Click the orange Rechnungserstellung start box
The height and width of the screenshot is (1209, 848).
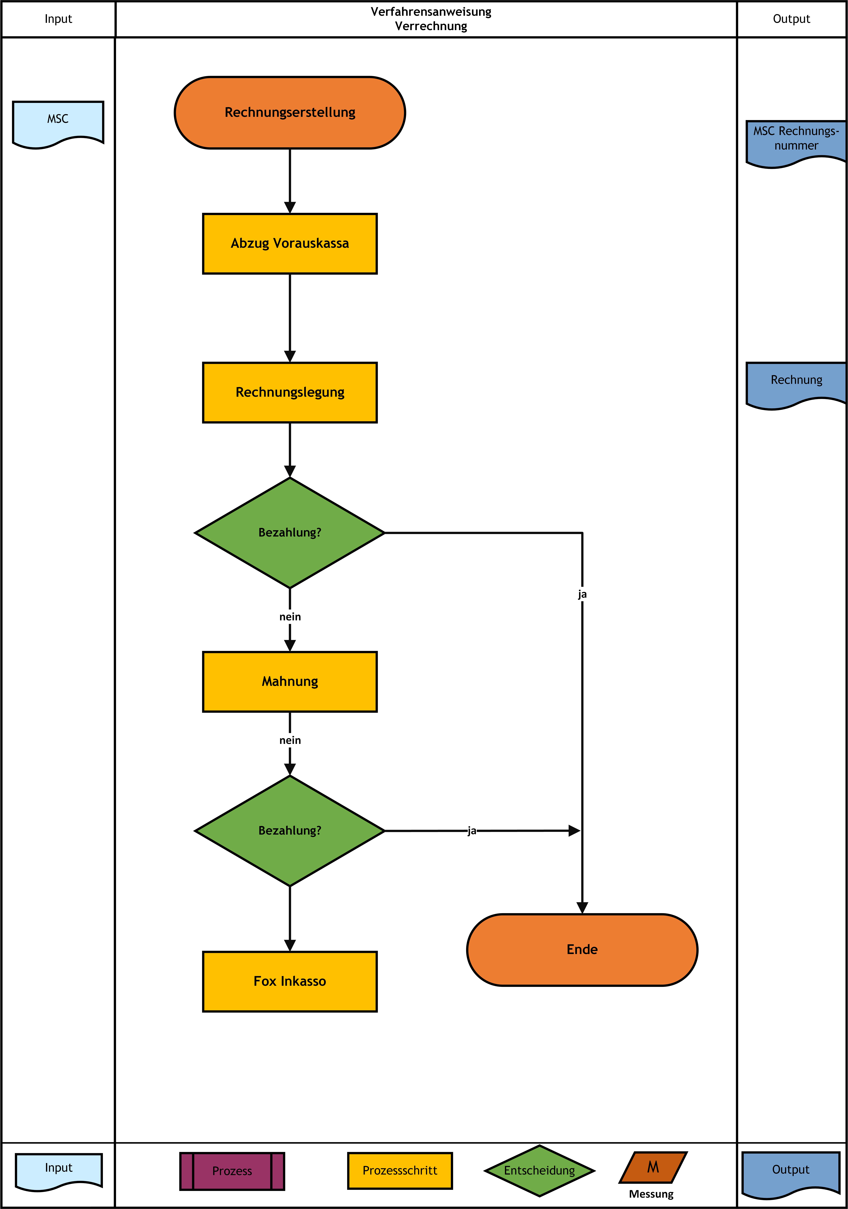pos(290,113)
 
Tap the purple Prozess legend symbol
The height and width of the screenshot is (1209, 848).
pos(232,1171)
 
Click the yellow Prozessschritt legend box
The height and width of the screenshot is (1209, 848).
pos(400,1171)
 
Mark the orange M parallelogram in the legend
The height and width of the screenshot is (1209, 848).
pos(653,1167)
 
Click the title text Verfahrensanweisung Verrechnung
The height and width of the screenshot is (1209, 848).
pos(431,19)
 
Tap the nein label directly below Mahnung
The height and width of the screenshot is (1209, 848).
pos(290,740)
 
